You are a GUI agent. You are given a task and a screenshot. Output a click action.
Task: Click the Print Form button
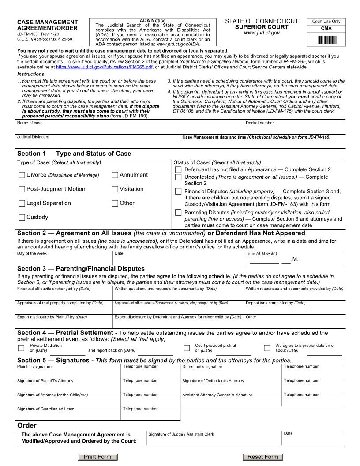97,457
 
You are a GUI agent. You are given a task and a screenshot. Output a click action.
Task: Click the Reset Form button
262,457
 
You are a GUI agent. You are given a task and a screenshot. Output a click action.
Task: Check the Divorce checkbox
22,175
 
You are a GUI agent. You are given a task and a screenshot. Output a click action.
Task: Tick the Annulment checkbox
115,175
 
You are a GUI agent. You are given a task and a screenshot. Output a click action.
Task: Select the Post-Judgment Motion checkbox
22,189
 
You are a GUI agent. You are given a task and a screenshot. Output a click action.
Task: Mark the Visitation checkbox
115,189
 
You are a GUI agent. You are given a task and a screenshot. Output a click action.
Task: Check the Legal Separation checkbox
22,203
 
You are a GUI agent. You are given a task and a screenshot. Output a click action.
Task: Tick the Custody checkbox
22,218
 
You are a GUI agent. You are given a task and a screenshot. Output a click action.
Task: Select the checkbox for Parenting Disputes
178,213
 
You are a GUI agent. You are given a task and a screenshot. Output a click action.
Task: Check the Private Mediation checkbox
21,348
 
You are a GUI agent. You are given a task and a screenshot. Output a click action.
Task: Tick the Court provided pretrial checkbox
186,348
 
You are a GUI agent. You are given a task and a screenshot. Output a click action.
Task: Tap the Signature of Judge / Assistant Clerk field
214,440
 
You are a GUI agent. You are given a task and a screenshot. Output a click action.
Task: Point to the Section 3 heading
81,269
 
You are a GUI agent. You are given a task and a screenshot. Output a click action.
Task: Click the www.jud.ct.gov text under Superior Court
262,33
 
